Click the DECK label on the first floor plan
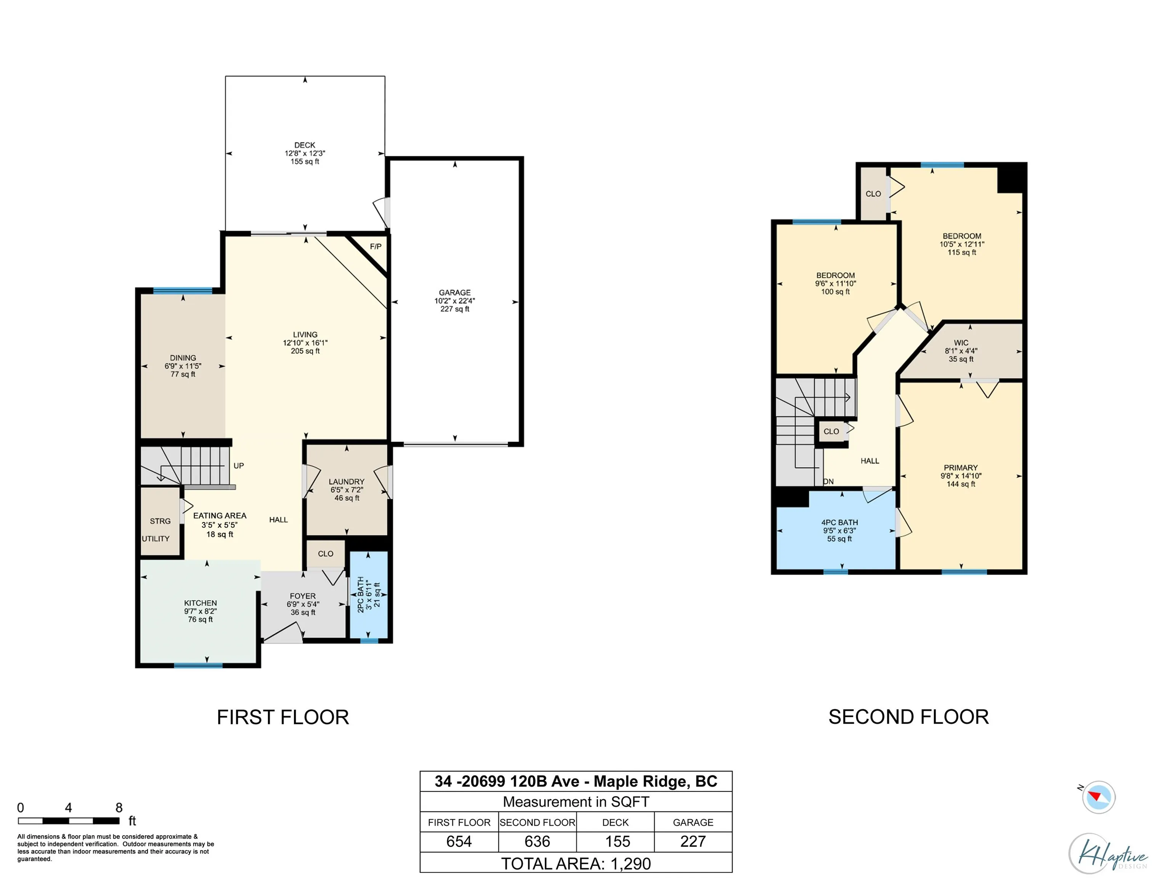coord(305,145)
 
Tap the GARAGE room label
coord(455,293)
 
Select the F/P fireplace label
coord(376,247)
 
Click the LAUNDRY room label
coord(347,482)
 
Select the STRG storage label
coord(160,521)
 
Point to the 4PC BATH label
coord(839,522)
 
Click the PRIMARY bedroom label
coord(961,468)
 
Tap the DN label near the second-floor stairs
coord(828,481)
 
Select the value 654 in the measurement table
coord(459,841)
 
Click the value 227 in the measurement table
coord(693,841)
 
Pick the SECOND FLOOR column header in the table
coord(537,822)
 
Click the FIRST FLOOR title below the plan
coord(283,717)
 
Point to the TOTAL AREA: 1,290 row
coord(576,864)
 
